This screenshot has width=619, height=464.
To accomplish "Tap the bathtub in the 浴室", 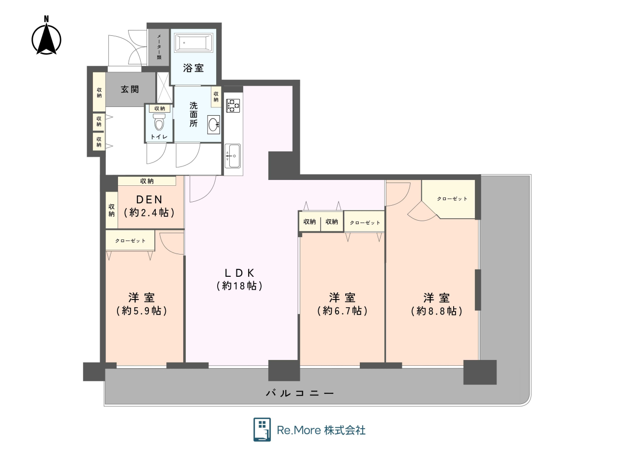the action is click(x=193, y=43).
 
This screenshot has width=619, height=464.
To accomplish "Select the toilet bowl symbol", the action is click(x=159, y=122).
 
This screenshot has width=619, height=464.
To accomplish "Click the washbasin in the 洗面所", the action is click(x=213, y=124).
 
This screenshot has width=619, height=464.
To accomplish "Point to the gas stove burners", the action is click(x=233, y=105).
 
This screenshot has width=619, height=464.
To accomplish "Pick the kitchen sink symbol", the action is click(x=233, y=156).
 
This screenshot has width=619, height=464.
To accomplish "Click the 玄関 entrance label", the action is click(x=130, y=89).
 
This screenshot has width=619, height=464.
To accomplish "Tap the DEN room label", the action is click(x=149, y=200).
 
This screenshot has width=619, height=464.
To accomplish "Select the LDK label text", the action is click(x=239, y=273).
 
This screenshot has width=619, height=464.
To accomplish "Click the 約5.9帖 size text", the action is click(x=142, y=311).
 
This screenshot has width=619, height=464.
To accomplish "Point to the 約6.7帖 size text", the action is click(x=342, y=311).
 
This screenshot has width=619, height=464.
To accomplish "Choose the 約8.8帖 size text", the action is click(x=437, y=311).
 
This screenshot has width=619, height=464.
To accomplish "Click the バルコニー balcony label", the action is click(x=300, y=393).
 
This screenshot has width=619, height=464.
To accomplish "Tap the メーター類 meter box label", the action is click(x=159, y=47).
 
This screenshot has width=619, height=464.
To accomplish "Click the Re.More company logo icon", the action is click(x=262, y=429).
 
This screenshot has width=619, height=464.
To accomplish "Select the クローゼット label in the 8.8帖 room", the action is click(x=452, y=199).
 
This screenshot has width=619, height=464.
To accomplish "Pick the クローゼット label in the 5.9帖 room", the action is click(x=130, y=240).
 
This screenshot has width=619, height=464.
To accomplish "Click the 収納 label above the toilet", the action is click(x=160, y=108).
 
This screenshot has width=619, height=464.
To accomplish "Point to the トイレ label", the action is click(x=159, y=137).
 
